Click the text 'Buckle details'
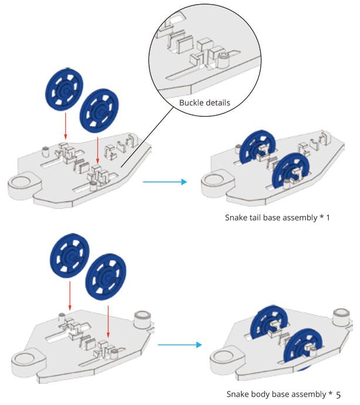point(204,103)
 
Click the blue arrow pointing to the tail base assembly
point(164,182)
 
